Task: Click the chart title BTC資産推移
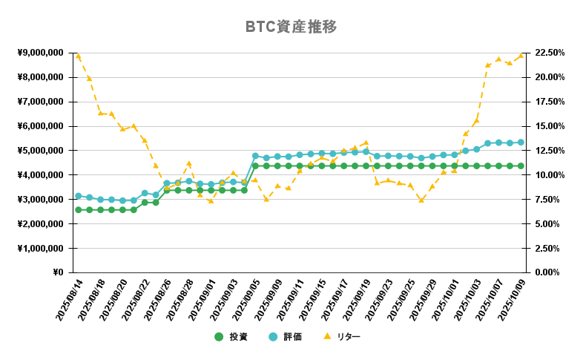[x=291, y=27]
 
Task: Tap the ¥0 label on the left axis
[x=58, y=272]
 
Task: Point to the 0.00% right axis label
[x=550, y=272]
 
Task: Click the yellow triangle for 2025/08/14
[x=78, y=56]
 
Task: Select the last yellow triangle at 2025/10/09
[x=521, y=54]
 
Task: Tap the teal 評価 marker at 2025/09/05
[x=255, y=156]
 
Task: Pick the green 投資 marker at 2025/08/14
[x=78, y=209]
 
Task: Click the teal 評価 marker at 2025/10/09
[x=521, y=142]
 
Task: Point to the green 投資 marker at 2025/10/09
[x=521, y=166]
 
